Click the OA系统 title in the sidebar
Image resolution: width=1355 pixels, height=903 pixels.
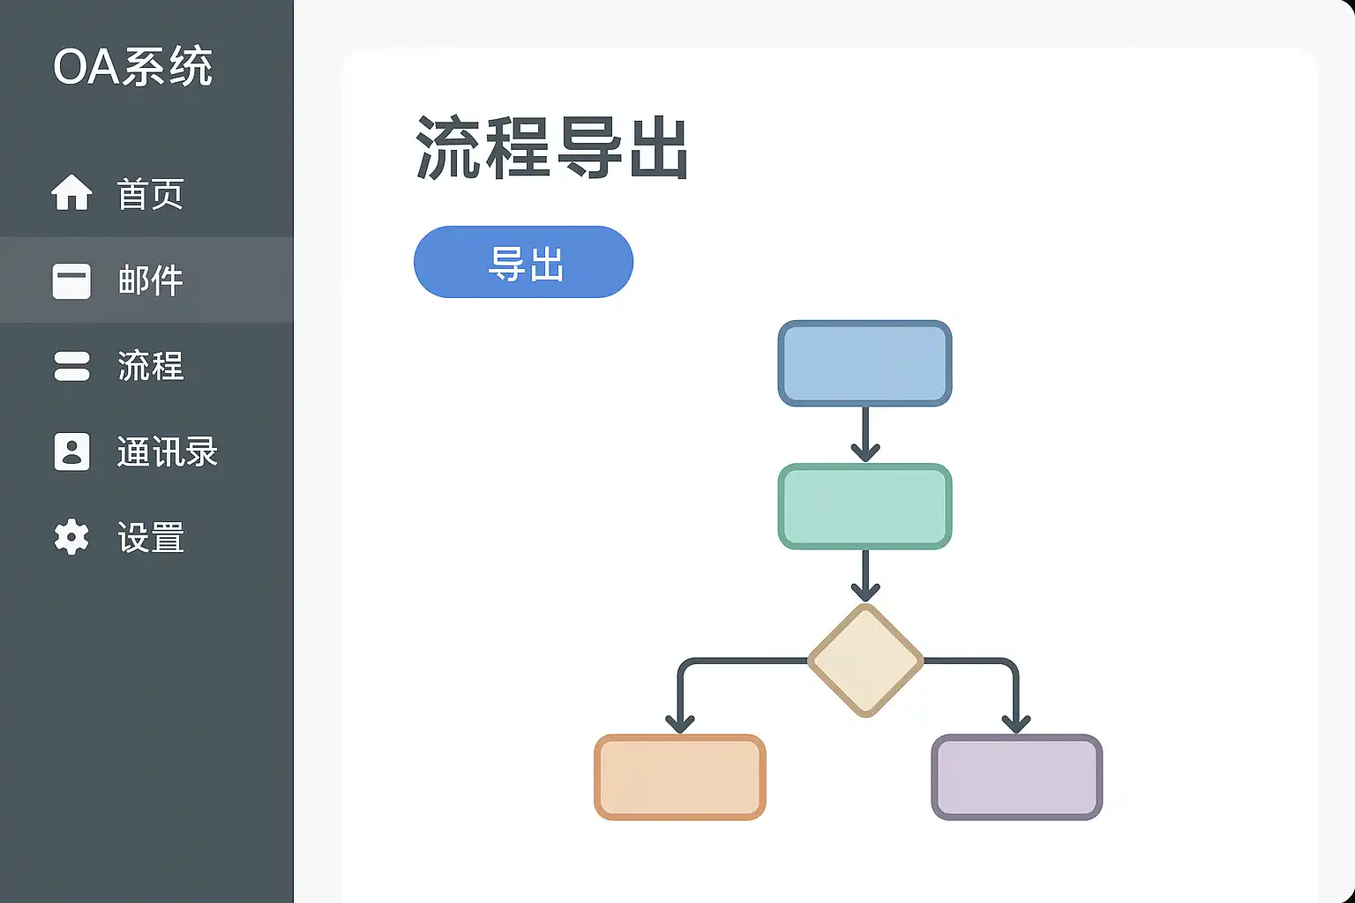[x=132, y=66]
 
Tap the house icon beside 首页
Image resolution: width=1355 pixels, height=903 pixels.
[x=72, y=193]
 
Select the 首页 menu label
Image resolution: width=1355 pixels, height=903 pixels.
[x=150, y=193]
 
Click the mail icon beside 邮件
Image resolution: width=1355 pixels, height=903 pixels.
[x=72, y=281]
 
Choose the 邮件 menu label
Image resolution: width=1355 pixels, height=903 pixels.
[x=150, y=280]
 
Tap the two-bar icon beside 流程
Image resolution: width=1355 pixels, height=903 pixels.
[x=72, y=367]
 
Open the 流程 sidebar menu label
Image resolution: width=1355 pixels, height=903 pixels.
[x=150, y=366]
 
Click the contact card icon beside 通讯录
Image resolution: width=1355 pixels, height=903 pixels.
[x=72, y=451]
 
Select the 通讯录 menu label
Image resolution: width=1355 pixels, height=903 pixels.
[x=167, y=451]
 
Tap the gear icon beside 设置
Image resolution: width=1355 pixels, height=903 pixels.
[x=71, y=536]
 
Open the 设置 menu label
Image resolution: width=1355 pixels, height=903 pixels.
[x=150, y=537]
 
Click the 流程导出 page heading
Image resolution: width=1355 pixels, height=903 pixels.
[x=551, y=147]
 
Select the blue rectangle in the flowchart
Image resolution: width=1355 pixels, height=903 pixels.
[x=865, y=363]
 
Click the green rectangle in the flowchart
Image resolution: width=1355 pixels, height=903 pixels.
[x=865, y=506]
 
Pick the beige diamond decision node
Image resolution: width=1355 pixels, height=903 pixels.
[x=865, y=660]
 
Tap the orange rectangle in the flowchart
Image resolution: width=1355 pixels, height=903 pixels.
[x=680, y=777]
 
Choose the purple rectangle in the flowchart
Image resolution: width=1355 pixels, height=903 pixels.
[x=1017, y=777]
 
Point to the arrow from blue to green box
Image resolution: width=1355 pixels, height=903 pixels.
[x=865, y=434]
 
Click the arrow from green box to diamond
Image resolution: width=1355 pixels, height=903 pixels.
[x=865, y=576]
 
